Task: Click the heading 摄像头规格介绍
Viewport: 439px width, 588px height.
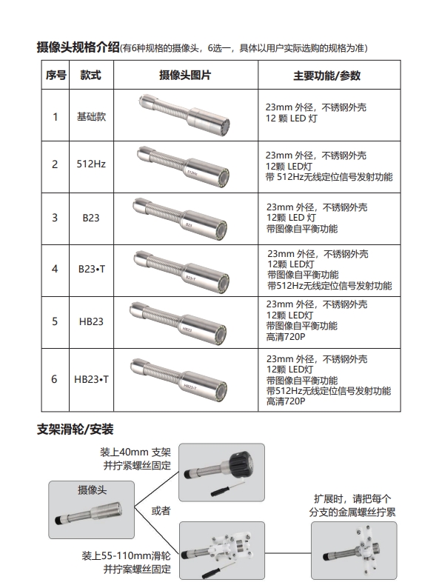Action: (78, 48)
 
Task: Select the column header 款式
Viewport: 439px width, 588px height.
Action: (91, 76)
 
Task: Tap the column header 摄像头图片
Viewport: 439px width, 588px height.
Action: (185, 76)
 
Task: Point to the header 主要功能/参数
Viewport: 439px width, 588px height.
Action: (326, 76)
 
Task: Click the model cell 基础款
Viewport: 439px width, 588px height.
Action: (91, 116)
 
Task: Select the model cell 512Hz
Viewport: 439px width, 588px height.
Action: (91, 164)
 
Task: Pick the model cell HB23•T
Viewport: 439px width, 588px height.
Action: (91, 379)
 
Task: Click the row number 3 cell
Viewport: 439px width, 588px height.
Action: (54, 218)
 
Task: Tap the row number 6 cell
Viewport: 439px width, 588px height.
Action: (54, 379)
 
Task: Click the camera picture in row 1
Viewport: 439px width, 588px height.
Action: (185, 112)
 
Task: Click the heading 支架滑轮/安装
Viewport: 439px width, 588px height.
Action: (76, 430)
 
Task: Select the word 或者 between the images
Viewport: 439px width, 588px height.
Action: (161, 510)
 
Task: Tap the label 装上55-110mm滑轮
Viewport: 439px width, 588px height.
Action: (126, 555)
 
